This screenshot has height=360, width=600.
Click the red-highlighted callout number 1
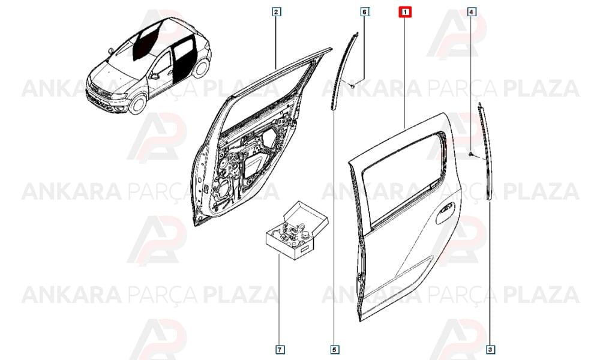pyautogui.click(x=405, y=12)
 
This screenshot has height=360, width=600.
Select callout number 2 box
pyautogui.click(x=276, y=12)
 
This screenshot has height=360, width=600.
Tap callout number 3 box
pyautogui.click(x=490, y=349)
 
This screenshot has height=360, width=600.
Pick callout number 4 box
pyautogui.click(x=471, y=12)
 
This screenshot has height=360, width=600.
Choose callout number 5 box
pyautogui.click(x=334, y=349)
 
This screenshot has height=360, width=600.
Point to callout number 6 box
pyautogui.click(x=364, y=12)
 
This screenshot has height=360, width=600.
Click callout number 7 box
pyautogui.click(x=280, y=349)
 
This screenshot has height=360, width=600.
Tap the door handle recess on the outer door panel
pyautogui.click(x=445, y=214)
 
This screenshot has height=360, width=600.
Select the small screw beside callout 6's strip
pyautogui.click(x=353, y=86)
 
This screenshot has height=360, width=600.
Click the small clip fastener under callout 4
pyautogui.click(x=471, y=154)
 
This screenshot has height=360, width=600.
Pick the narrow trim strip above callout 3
pyautogui.click(x=485, y=151)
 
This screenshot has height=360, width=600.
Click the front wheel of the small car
pyautogui.click(x=138, y=104)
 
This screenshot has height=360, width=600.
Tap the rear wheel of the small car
pyautogui.click(x=201, y=68)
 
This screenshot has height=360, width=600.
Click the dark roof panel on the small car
pyautogui.click(x=146, y=40)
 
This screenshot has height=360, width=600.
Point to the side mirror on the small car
pyautogui.click(x=155, y=76)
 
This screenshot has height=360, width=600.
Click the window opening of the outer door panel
pyautogui.click(x=403, y=178)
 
